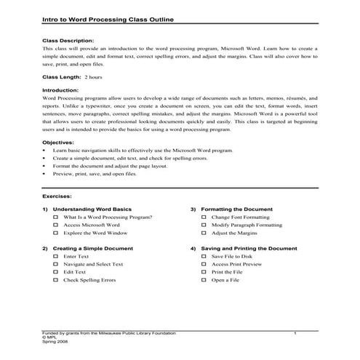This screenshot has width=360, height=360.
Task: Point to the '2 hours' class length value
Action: pyautogui.click(x=93, y=76)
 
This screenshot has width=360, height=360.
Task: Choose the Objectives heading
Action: pyautogui.click(x=58, y=142)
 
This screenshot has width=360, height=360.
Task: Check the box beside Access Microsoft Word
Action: pyautogui.click(x=55, y=225)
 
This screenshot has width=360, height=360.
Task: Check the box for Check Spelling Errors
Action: pyautogui.click(x=55, y=280)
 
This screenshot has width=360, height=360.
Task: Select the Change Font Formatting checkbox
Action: pyautogui.click(x=204, y=217)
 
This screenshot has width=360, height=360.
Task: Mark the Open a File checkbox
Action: pyautogui.click(x=204, y=280)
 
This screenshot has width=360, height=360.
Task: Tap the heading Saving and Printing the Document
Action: pyautogui.click(x=249, y=248)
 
